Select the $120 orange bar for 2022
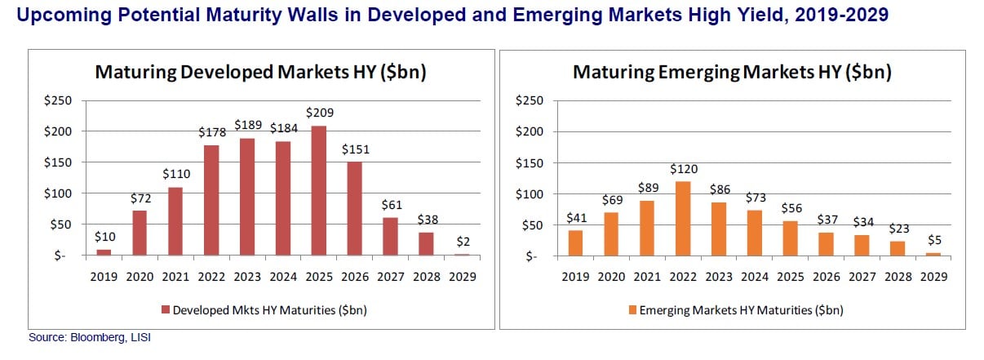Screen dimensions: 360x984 coord(682,218)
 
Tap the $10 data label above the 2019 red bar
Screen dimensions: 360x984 coord(104,237)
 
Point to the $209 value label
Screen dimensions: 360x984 coord(320,113)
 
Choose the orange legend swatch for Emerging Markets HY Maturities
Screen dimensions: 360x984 coord(633,310)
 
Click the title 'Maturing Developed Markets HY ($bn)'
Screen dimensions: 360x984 coord(261,72)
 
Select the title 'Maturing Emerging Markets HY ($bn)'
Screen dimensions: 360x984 coord(732,72)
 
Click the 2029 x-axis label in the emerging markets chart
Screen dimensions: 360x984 coord(934,277)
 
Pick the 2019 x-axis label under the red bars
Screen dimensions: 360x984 coord(104,277)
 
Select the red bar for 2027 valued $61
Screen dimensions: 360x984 coord(392,236)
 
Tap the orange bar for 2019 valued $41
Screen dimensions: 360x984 coord(574,242)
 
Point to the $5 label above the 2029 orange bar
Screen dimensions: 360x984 coord(934,240)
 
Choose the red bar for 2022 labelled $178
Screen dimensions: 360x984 coord(211,200)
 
